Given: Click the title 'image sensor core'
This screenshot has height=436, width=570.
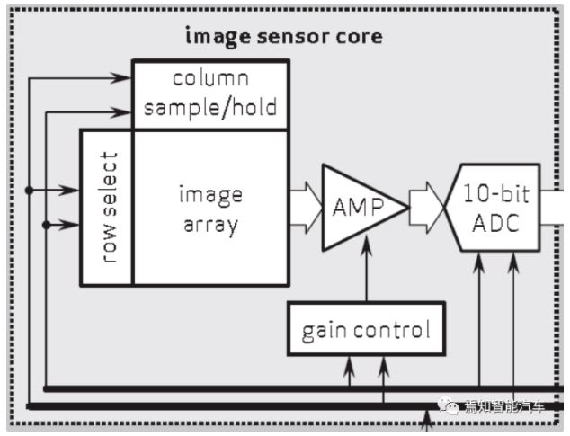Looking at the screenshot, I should pyautogui.click(x=283, y=37).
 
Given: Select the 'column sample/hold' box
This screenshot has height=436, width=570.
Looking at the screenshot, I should pyautogui.click(x=210, y=94).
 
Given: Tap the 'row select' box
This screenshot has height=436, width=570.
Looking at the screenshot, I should pyautogui.click(x=107, y=208).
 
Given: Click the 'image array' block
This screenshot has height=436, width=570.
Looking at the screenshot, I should pyautogui.click(x=210, y=209).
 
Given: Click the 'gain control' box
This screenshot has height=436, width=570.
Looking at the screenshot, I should pyautogui.click(x=366, y=330).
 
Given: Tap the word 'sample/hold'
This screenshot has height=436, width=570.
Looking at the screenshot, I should pyautogui.click(x=210, y=109).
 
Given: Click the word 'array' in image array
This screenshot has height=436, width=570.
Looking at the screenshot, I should pyautogui.click(x=210, y=224).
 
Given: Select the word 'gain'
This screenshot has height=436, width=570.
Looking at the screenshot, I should pyautogui.click(x=323, y=331).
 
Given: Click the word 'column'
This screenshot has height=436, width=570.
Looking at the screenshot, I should pyautogui.click(x=210, y=78).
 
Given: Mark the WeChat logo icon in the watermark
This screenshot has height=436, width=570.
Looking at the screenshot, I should pyautogui.click(x=450, y=407).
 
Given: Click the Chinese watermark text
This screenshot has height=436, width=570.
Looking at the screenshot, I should pyautogui.click(x=504, y=407).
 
